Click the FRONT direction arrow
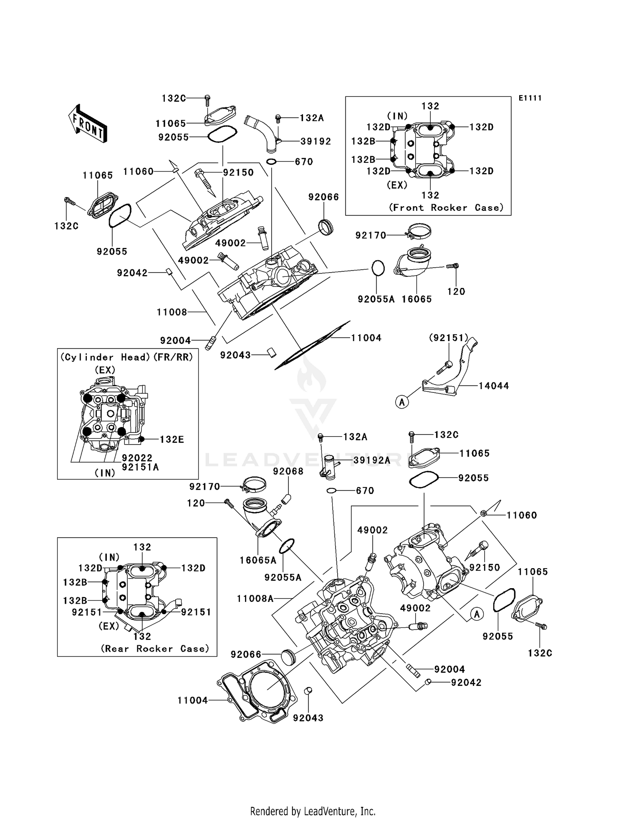(88, 124)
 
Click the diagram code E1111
(530, 98)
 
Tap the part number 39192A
(371, 460)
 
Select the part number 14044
(494, 386)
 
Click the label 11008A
(255, 599)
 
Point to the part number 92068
(288, 471)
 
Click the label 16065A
(258, 560)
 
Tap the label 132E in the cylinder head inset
(172, 440)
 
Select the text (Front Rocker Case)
(446, 207)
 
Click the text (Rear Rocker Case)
(155, 649)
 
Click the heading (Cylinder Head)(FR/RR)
(127, 357)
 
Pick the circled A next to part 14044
(402, 402)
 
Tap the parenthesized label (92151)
(449, 338)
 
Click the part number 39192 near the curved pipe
(316, 142)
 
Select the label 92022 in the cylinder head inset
(137, 458)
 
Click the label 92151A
(140, 467)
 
